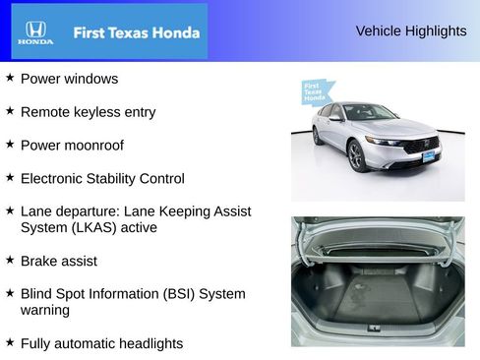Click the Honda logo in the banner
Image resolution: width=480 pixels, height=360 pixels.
pos(34,31)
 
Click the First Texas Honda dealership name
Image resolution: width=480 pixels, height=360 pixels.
pos(137,32)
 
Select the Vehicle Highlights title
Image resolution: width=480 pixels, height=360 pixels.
pos(410,31)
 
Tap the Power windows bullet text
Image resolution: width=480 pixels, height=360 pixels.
pos(69,79)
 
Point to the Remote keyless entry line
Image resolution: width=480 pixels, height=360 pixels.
pos(88,112)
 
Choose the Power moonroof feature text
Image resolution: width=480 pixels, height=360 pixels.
pos(79,146)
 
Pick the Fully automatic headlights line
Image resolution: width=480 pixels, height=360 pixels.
pos(101,344)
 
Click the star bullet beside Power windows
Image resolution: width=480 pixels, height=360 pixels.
pos(10,78)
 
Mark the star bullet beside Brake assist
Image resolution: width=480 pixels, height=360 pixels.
pos(10,261)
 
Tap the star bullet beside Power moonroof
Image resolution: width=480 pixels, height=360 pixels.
pos(10,145)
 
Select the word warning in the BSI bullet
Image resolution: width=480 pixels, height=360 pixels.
pos(45,311)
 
